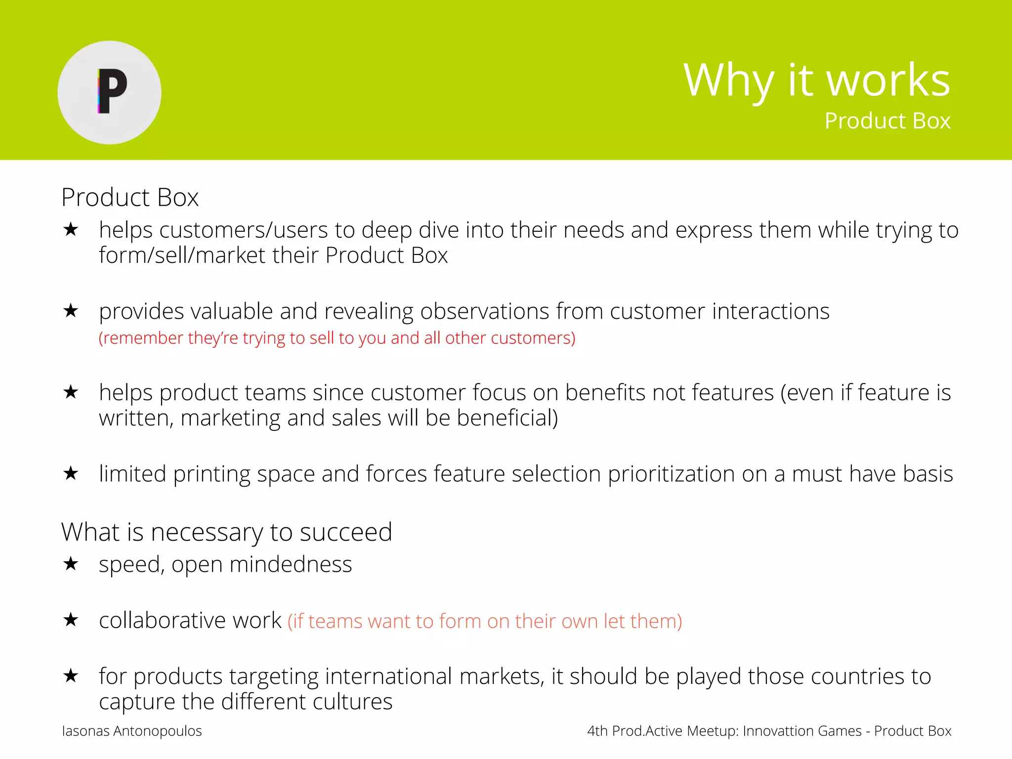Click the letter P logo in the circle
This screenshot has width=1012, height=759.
click(112, 91)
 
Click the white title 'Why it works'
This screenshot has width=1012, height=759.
click(816, 80)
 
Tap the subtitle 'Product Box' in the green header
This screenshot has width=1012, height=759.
click(887, 121)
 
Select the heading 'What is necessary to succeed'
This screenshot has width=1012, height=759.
click(226, 533)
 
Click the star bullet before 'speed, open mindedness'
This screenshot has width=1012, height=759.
click(71, 564)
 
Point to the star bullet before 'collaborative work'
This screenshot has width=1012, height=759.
click(71, 620)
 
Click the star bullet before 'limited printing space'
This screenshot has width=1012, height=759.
click(71, 473)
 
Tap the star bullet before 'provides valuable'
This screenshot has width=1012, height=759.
click(71, 311)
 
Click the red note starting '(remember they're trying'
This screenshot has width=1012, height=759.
click(337, 338)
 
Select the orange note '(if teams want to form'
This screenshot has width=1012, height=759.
click(485, 621)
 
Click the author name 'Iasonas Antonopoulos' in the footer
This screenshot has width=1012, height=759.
click(132, 731)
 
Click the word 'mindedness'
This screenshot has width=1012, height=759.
click(291, 564)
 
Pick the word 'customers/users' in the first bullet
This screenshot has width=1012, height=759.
click(244, 230)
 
